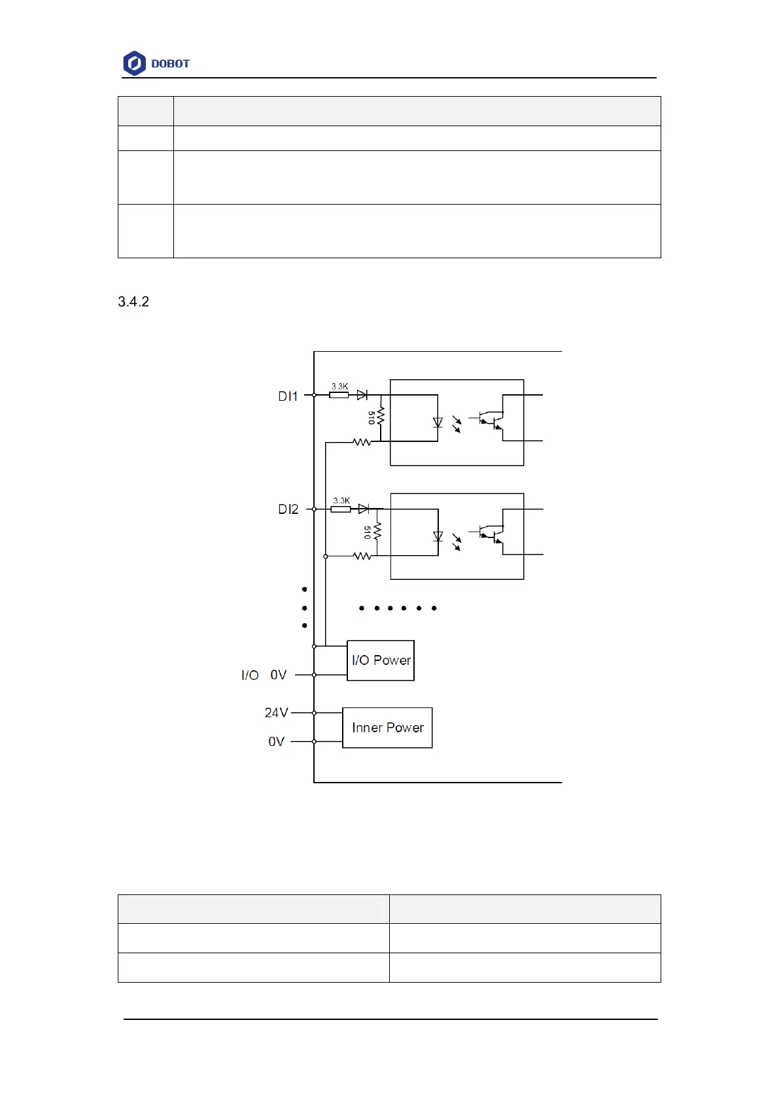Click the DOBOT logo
tap(156, 63)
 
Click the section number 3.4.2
tap(133, 301)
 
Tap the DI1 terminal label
tap(288, 396)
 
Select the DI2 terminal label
tap(288, 509)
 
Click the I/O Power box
tap(381, 660)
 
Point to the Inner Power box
tap(387, 728)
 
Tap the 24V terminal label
tap(276, 713)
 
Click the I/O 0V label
tap(264, 675)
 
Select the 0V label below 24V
tap(276, 741)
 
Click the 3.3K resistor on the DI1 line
tap(339, 395)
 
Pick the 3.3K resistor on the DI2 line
tap(340, 509)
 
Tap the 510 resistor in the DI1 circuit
tap(380, 417)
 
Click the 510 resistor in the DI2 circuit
tap(377, 532)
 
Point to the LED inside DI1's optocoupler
tap(438, 422)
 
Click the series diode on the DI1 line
tap(362, 395)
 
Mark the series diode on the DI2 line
tap(364, 509)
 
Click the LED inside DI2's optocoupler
tap(438, 536)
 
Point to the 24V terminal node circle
tap(314, 713)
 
